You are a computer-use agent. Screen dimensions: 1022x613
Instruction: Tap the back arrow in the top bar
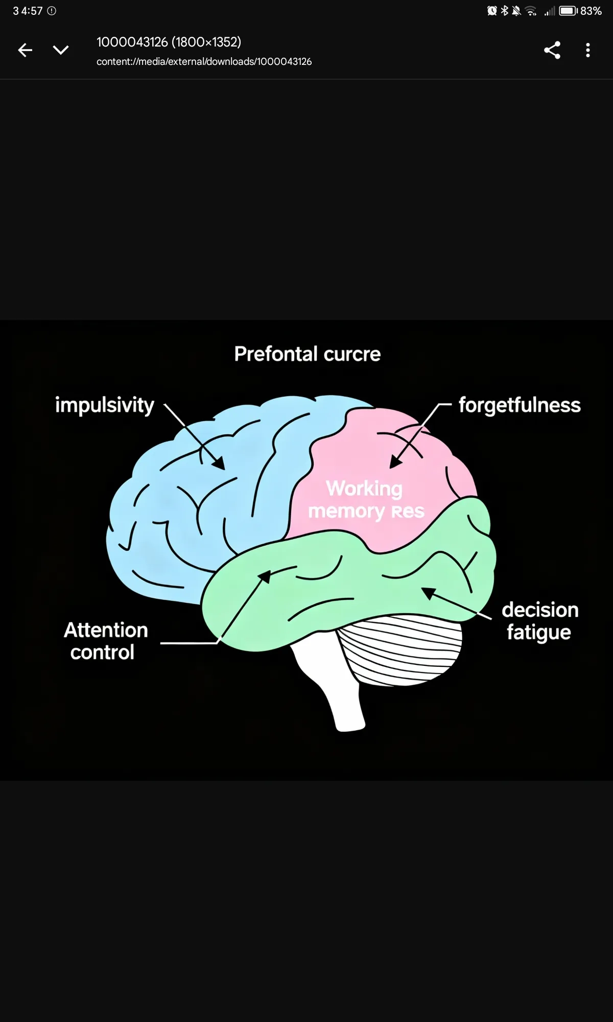click(x=25, y=50)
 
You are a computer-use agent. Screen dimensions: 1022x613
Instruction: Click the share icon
click(x=552, y=50)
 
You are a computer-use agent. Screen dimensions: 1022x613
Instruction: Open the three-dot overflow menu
click(x=588, y=50)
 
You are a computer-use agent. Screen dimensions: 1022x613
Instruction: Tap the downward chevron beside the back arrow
click(x=61, y=50)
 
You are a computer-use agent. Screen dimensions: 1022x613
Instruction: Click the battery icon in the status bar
click(x=568, y=11)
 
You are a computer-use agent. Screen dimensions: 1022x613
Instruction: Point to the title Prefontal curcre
click(x=308, y=354)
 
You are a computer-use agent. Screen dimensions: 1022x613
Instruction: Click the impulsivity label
click(x=105, y=405)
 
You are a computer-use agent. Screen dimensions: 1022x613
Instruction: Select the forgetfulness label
click(x=520, y=405)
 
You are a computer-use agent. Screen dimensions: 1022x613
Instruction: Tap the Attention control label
click(x=105, y=641)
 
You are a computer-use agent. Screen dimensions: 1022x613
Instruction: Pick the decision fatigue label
click(x=539, y=621)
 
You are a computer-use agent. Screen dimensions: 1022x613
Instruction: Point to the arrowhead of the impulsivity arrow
click(x=220, y=464)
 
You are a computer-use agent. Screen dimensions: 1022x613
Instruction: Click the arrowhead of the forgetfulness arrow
click(x=394, y=463)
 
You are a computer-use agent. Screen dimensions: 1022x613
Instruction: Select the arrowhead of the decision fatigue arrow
click(x=428, y=593)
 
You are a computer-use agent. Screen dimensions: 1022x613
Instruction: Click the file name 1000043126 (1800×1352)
click(x=169, y=42)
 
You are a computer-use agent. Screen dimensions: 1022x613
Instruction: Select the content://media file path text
click(x=204, y=62)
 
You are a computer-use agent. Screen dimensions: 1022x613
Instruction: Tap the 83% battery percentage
click(x=591, y=11)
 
